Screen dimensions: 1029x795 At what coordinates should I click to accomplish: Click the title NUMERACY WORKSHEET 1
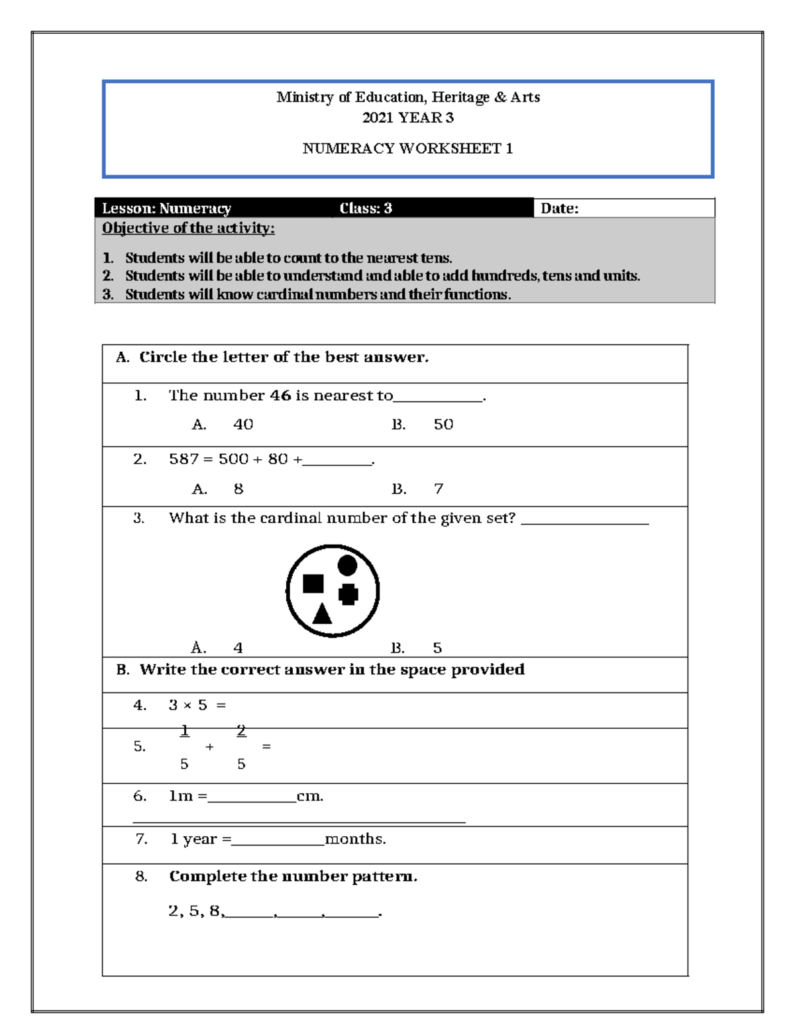407,148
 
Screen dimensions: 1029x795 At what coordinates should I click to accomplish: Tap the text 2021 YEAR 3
407,118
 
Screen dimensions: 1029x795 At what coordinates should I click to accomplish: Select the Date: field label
559,209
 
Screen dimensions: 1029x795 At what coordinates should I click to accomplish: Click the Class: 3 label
366,208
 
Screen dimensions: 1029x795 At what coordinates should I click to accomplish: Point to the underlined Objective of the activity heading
188,229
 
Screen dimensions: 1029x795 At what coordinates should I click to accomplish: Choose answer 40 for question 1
243,425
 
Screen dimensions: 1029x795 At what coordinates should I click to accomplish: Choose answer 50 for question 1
443,425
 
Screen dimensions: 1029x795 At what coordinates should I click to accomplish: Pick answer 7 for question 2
439,489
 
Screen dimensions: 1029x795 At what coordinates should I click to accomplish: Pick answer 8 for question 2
238,489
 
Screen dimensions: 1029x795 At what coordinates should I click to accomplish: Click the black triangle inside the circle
322,615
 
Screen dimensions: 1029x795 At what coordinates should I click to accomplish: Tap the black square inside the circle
313,584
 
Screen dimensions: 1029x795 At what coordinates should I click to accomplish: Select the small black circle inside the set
347,565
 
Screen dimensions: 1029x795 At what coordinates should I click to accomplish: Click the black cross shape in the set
348,594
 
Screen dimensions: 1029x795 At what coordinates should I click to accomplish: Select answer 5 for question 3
437,648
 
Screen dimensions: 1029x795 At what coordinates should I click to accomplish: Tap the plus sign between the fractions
209,747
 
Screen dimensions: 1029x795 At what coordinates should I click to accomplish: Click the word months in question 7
355,839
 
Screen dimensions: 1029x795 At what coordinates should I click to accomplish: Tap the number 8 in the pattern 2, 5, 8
214,911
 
